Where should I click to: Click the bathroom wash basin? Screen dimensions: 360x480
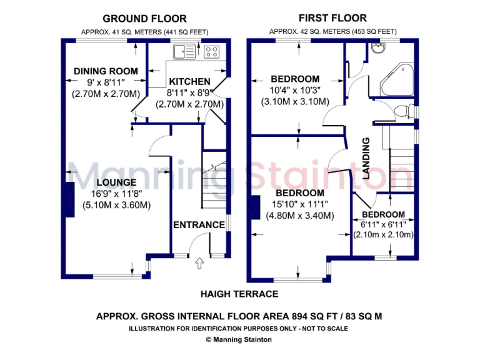pyautogui.click(x=377, y=49)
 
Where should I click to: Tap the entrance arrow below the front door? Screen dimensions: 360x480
pyautogui.click(x=200, y=264)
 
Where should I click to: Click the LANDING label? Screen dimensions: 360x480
pyautogui.click(x=367, y=158)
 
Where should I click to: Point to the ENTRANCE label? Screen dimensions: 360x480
pyautogui.click(x=199, y=225)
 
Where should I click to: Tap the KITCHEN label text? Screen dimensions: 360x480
pyautogui.click(x=189, y=81)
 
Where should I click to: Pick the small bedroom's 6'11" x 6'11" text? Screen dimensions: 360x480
pyautogui.click(x=383, y=224)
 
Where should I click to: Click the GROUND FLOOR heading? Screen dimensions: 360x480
pyautogui.click(x=144, y=19)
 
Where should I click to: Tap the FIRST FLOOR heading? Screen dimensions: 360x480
pyautogui.click(x=332, y=18)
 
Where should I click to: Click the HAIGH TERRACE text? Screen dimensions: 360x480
pyautogui.click(x=239, y=294)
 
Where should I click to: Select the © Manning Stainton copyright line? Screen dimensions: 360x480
pyautogui.click(x=239, y=340)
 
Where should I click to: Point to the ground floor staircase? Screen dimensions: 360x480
pyautogui.click(x=214, y=181)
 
